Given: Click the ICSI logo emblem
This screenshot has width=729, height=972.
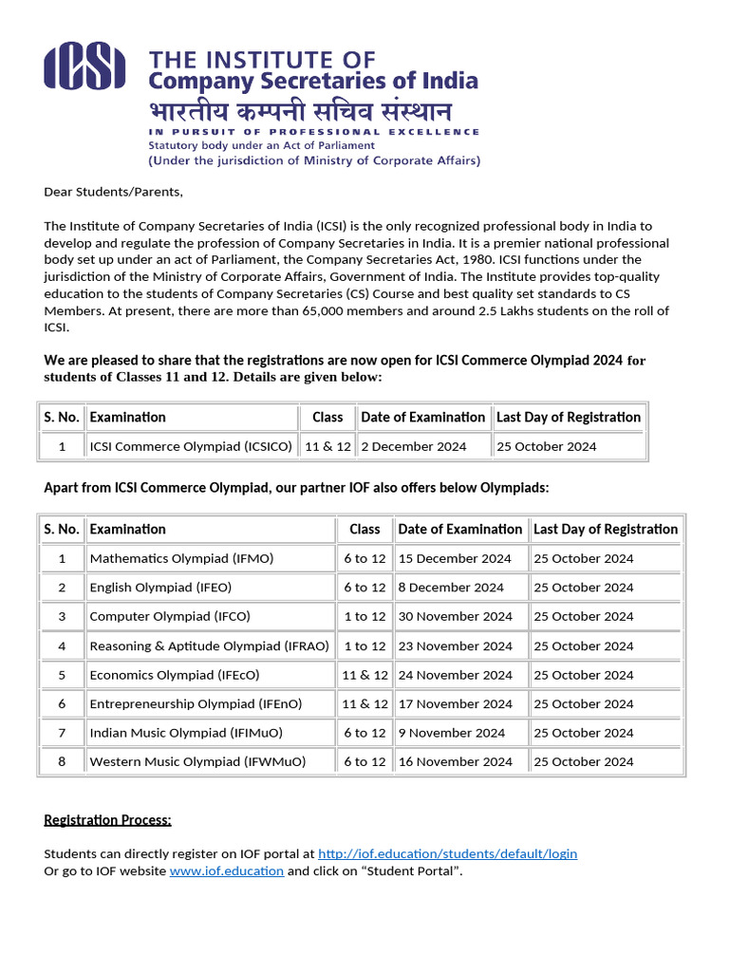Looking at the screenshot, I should pyautogui.click(x=84, y=67).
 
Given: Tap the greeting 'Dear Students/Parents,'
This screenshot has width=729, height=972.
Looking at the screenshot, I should pyautogui.click(x=113, y=192).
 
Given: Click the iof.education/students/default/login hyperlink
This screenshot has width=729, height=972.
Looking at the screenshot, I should pyautogui.click(x=447, y=853).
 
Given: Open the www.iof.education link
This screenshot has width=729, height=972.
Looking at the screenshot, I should pyautogui.click(x=226, y=870).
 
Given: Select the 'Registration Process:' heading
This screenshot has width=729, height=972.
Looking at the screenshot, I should pyautogui.click(x=107, y=819).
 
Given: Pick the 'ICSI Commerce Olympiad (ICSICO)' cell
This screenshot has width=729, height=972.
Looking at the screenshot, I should pyautogui.click(x=191, y=446).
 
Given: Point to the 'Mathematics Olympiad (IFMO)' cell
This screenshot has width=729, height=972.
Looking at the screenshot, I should pyautogui.click(x=181, y=558).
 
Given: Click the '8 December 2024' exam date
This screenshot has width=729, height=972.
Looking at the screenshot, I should pyautogui.click(x=451, y=588).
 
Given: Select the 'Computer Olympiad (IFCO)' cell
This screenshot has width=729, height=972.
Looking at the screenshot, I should pyautogui.click(x=170, y=616).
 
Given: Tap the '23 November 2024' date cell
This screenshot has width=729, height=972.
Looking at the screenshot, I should pyautogui.click(x=455, y=645).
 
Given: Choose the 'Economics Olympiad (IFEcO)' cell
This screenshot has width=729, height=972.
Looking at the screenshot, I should pyautogui.click(x=175, y=675).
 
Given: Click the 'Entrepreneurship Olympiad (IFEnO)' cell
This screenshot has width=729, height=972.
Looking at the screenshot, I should pyautogui.click(x=196, y=703).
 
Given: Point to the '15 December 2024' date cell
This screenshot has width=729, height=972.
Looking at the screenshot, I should pyautogui.click(x=455, y=558).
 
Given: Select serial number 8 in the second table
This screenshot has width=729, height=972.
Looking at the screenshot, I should pyautogui.click(x=62, y=761).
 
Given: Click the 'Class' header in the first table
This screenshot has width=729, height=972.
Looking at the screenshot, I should pyautogui.click(x=327, y=417).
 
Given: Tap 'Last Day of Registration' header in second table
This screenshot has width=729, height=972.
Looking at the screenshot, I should pyautogui.click(x=606, y=529).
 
